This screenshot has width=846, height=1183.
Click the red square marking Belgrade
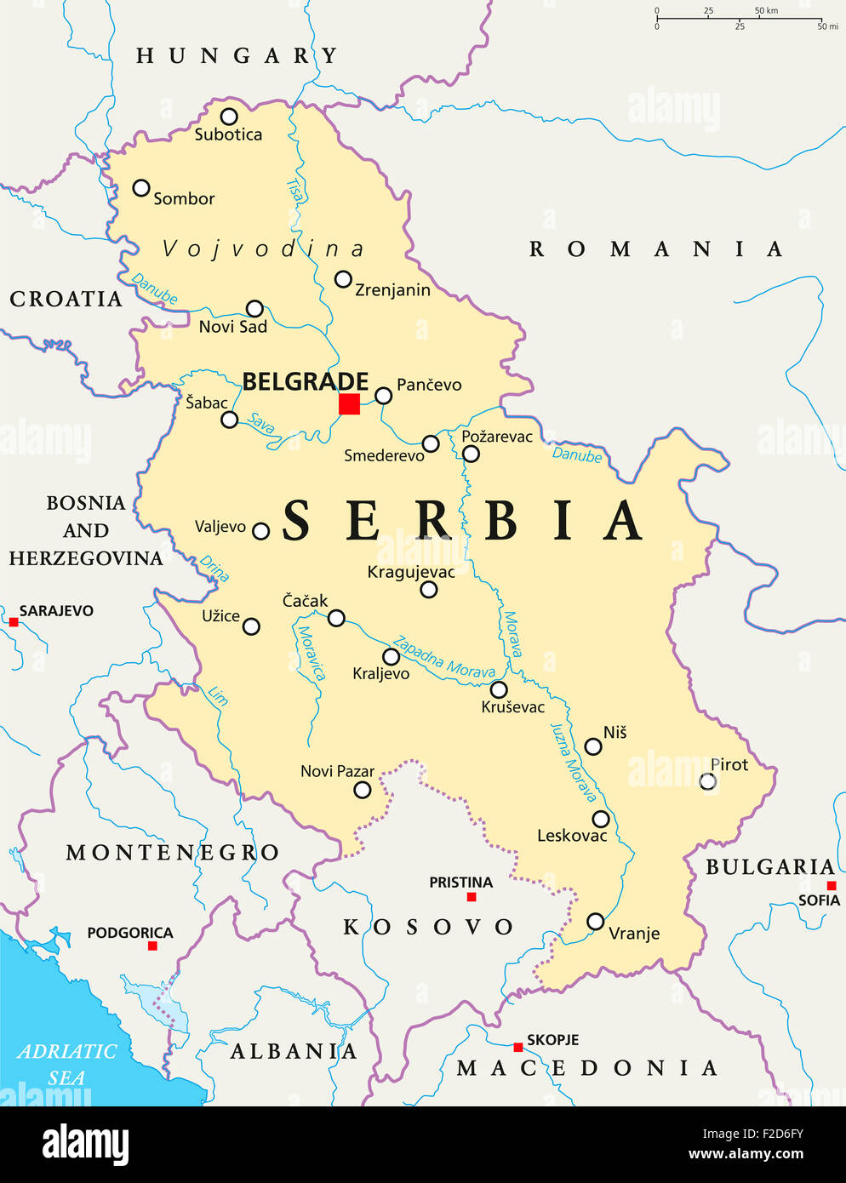coord(349,404)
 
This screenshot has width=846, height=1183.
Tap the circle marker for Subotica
coord(229,117)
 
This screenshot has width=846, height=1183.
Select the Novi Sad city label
coord(232,327)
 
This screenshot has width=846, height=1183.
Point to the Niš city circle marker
coord(593,747)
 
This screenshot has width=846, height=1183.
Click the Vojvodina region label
coord(263,249)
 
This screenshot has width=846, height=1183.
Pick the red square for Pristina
coord(472,897)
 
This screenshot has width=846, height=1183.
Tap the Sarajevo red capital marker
coord(14,622)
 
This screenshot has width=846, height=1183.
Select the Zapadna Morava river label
coord(443,658)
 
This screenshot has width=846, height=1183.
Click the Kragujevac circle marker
coord(429,590)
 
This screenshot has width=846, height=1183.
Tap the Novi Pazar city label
coord(337,771)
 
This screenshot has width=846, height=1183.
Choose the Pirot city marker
coord(707,781)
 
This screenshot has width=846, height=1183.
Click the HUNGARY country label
coord(237,56)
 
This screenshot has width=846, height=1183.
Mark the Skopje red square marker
coord(517,1047)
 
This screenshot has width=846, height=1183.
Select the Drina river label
coord(214,568)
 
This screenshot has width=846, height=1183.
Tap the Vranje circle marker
coord(596,922)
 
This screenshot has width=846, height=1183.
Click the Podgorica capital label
coord(129,933)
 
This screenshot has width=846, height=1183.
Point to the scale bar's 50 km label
coord(766,11)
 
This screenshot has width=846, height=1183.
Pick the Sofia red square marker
coord(832,885)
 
